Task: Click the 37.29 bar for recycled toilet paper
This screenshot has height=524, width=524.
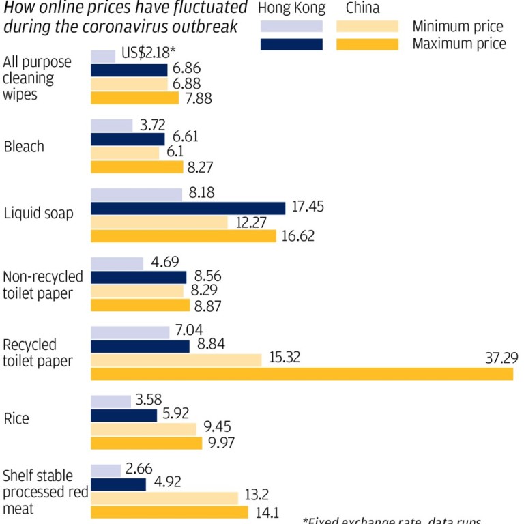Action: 302,374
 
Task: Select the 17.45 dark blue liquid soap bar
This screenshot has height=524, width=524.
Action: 188,208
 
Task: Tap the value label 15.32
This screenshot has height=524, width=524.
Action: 285,358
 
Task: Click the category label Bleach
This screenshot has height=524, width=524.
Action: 24,146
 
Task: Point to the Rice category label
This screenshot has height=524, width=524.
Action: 16,418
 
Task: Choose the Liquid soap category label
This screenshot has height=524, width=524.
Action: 38,214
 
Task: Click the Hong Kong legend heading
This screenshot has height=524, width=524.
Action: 292,10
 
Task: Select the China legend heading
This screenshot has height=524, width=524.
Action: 363,10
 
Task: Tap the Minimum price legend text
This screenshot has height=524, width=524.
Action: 458,27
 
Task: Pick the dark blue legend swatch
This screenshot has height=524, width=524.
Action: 291,44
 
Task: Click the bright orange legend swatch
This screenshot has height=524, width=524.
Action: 367,44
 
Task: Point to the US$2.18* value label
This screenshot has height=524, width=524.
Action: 148,53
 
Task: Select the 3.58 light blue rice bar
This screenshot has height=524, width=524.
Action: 111,402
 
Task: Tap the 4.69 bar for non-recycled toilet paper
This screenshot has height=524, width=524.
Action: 117,263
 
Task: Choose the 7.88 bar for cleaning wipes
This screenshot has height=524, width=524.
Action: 134,98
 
